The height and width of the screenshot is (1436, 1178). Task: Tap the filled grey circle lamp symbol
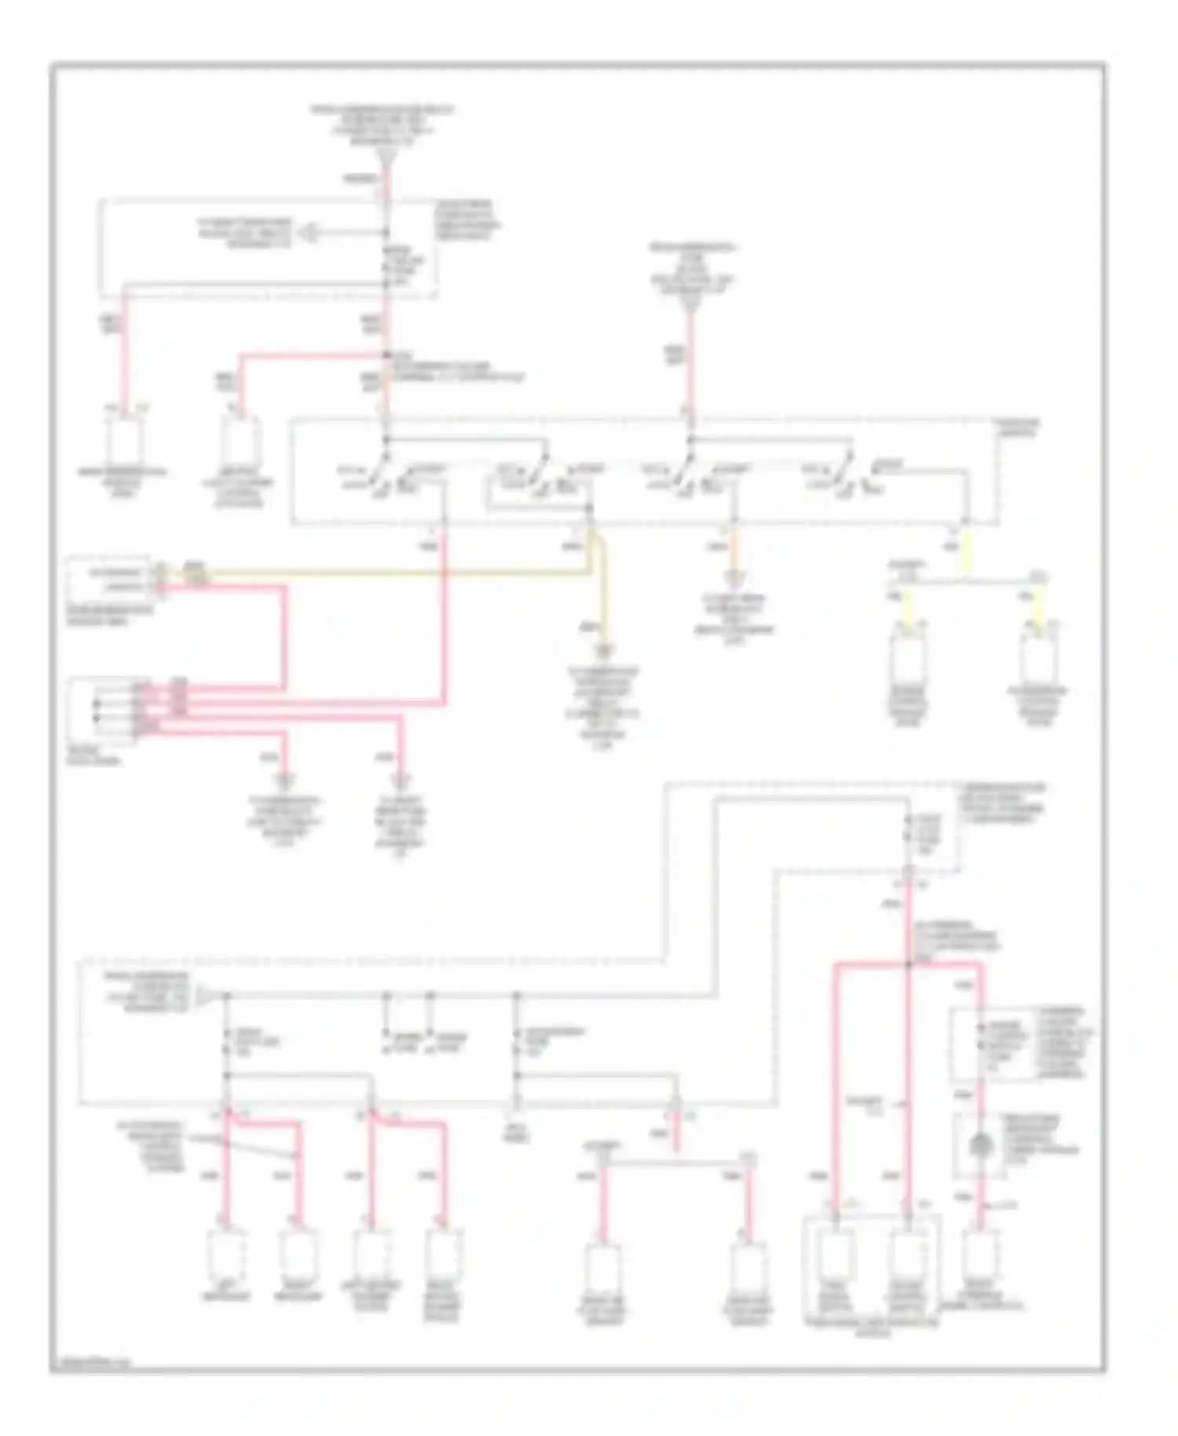click(x=979, y=1148)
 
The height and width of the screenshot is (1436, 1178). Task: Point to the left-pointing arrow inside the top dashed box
click(x=313, y=233)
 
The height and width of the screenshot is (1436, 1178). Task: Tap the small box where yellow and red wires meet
click(x=110, y=579)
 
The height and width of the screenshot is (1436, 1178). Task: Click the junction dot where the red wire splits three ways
click(x=909, y=963)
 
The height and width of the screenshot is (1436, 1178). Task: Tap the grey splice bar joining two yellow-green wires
click(x=966, y=582)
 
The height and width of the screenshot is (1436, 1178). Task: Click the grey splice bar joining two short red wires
click(x=675, y=1162)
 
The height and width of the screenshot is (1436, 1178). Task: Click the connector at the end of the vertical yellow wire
click(x=604, y=650)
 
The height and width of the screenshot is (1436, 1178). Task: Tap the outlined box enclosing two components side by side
click(x=872, y=1266)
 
